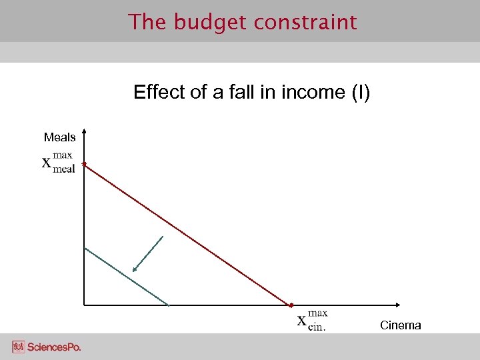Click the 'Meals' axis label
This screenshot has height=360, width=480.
[x=59, y=137]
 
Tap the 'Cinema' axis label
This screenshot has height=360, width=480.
[x=400, y=325]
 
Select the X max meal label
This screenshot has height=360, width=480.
[x=59, y=162]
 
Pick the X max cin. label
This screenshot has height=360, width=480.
[x=312, y=319]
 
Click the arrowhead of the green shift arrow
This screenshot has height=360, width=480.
[x=135, y=270]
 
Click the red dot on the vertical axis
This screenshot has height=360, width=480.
[x=84, y=163]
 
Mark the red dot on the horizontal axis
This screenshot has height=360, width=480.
[x=291, y=305]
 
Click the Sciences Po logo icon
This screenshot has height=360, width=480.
[x=18, y=347]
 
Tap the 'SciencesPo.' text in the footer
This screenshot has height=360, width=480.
[x=55, y=347]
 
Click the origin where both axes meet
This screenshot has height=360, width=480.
[x=84, y=305]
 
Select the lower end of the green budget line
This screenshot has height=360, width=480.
[x=168, y=305]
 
